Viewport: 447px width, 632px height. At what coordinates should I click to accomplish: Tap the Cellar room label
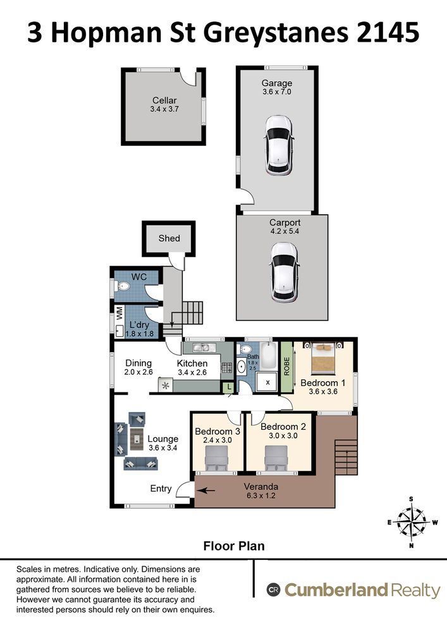point(164,100)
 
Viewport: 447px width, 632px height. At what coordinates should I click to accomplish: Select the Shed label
point(169,238)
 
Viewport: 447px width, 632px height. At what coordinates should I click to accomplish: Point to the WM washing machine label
point(118,312)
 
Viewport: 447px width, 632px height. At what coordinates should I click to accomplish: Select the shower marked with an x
point(267,382)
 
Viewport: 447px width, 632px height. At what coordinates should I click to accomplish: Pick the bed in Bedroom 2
point(276,457)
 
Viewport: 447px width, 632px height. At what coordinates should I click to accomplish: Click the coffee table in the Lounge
point(137,437)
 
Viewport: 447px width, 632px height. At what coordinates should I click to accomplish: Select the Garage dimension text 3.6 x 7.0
point(277,92)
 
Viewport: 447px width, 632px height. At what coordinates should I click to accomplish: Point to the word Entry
point(161,489)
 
